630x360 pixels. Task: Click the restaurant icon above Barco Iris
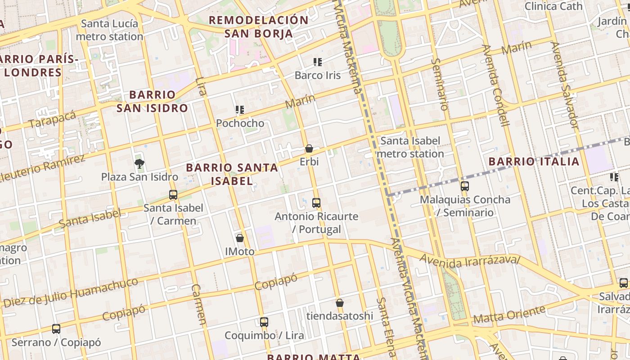click(318, 62)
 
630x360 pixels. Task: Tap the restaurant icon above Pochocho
click(240, 109)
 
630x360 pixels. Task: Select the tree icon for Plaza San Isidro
click(139, 163)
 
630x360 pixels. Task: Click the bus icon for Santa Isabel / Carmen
click(173, 195)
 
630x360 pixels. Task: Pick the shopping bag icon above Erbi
click(309, 148)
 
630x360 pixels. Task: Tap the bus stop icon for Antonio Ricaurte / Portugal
click(316, 203)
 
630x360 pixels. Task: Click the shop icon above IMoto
click(240, 238)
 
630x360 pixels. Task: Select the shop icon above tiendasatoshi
click(340, 303)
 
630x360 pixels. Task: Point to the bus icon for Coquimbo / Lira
click(264, 322)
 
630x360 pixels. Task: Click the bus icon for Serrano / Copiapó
click(56, 329)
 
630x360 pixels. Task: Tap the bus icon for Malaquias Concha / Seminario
click(465, 186)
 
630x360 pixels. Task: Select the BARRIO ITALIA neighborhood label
click(534, 162)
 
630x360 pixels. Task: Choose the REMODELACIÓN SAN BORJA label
click(259, 27)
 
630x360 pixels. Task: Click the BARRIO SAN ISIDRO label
click(152, 101)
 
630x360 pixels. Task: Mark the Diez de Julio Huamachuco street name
click(71, 293)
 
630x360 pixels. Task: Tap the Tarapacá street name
click(53, 119)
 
